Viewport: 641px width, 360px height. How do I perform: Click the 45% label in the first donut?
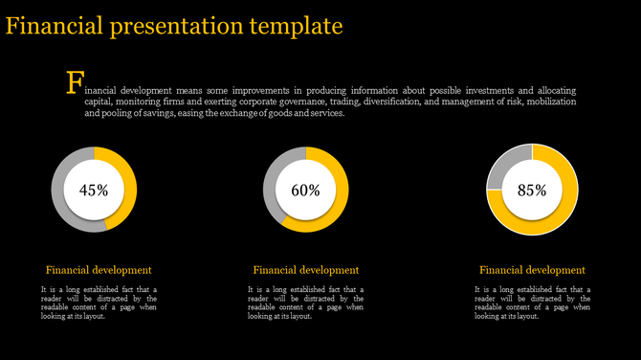click(94, 190)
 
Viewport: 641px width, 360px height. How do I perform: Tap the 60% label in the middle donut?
click(305, 190)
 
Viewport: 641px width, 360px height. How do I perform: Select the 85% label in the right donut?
click(532, 190)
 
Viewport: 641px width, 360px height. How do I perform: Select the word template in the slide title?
click(292, 24)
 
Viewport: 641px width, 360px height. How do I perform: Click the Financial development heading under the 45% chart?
click(99, 270)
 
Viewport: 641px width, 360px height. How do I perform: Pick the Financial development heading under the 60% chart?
click(305, 270)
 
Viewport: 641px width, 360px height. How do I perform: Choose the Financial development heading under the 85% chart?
click(532, 270)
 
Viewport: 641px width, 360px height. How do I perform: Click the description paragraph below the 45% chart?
click(99, 302)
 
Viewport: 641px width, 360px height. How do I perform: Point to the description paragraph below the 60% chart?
click(305, 302)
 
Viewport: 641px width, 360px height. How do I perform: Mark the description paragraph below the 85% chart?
click(532, 302)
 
